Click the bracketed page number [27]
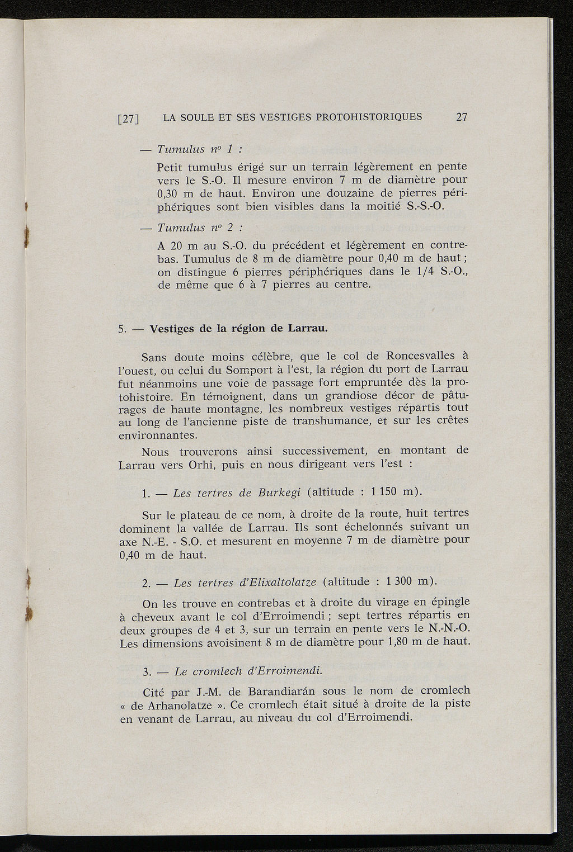coord(128,119)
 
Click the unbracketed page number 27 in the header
coord(462,117)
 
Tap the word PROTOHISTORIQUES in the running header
coord(369,117)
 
